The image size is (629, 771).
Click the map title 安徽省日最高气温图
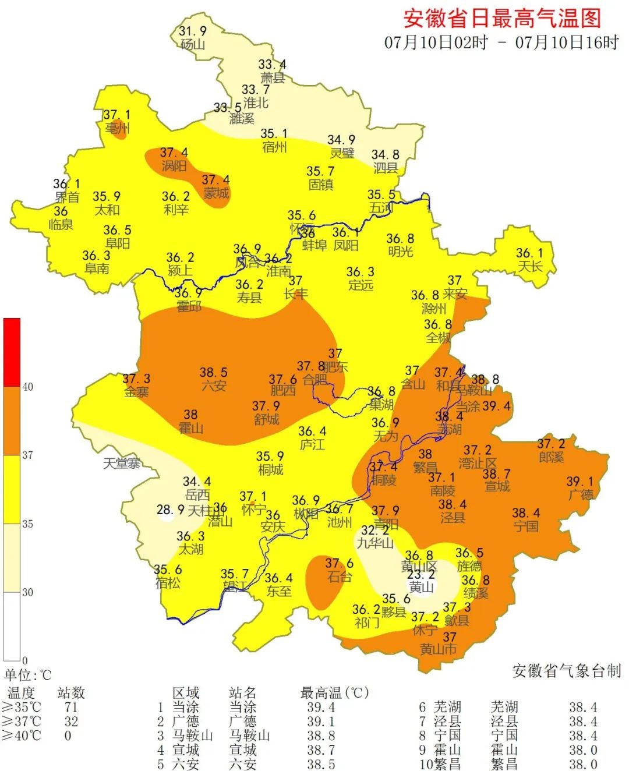pos(501,18)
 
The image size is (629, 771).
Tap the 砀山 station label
pos(192,45)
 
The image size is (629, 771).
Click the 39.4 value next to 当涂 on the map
pos(496,406)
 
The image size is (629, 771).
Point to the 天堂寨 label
pos(122,464)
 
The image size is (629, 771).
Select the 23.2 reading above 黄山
pos(421,575)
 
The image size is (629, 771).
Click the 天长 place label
pos(530,267)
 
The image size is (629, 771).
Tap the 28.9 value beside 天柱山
pos(170,510)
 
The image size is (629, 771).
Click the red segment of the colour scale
pos(12,352)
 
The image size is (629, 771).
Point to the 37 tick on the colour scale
pos(27,455)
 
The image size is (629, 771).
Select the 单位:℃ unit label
pos(28,675)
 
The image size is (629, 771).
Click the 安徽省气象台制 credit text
pos(566,671)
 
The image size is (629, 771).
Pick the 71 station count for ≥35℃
pos(70,707)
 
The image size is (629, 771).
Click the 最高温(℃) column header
pos(334,693)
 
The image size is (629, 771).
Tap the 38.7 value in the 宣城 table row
pos(321,750)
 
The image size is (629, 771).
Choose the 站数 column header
pos(71,693)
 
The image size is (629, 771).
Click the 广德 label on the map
pos(581,495)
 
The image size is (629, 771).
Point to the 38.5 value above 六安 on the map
pos(213,372)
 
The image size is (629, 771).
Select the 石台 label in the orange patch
pos(339,577)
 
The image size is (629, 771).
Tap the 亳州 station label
pos(117,128)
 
